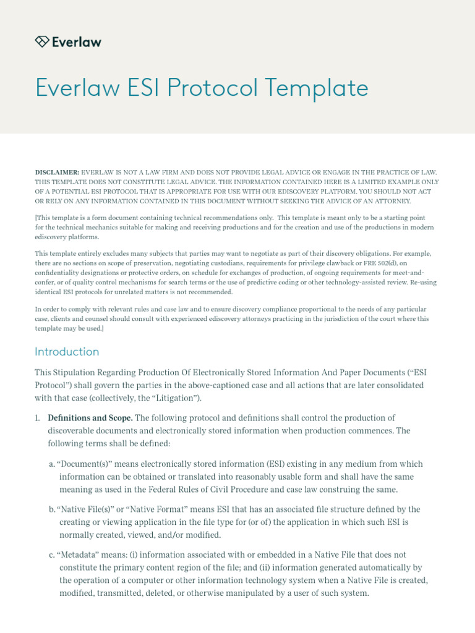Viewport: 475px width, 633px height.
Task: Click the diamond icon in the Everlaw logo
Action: [42, 41]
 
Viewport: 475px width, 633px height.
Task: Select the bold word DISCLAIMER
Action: [57, 172]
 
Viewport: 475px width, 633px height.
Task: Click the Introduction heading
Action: [67, 352]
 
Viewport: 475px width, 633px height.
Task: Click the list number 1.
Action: [37, 418]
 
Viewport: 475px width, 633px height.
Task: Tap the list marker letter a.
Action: [51, 464]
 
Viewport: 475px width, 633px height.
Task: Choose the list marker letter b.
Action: [51, 510]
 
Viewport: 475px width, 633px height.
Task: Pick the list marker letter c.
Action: [51, 555]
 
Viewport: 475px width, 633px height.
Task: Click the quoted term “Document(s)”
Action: [82, 464]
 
